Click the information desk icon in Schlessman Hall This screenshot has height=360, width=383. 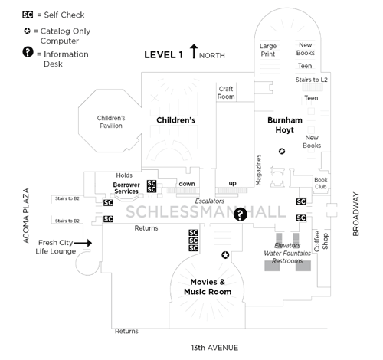click(x=240, y=214)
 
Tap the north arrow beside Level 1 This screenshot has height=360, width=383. click(x=194, y=53)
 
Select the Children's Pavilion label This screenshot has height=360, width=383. click(x=110, y=122)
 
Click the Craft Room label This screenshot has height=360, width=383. click(x=226, y=92)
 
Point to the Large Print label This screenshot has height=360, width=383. click(x=268, y=50)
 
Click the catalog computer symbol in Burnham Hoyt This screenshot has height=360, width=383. click(x=282, y=151)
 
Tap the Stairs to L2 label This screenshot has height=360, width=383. click(x=311, y=80)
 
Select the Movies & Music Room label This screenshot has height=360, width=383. click(x=208, y=287)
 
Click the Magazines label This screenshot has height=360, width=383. click(x=258, y=168)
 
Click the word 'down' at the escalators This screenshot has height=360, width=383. click(x=187, y=184)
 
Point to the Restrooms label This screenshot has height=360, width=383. click(x=287, y=260)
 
